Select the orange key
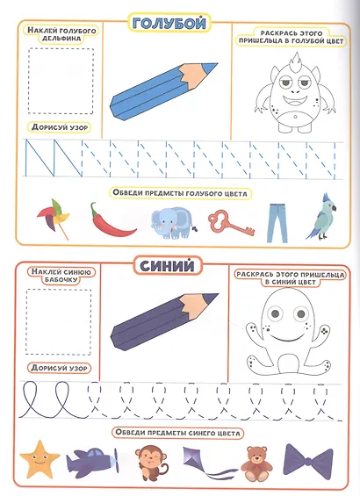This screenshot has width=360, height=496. [230, 224]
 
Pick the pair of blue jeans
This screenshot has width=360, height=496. [277, 223]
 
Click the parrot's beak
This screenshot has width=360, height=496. [334, 208]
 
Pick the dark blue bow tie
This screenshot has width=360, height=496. [307, 459]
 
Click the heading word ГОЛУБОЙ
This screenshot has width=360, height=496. [169, 24]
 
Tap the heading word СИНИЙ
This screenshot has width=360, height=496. [167, 266]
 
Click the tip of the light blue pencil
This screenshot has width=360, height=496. [217, 64]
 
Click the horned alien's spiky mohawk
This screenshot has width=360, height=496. [296, 60]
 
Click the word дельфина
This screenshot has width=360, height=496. [62, 39]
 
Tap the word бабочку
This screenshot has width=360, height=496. [61, 280]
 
